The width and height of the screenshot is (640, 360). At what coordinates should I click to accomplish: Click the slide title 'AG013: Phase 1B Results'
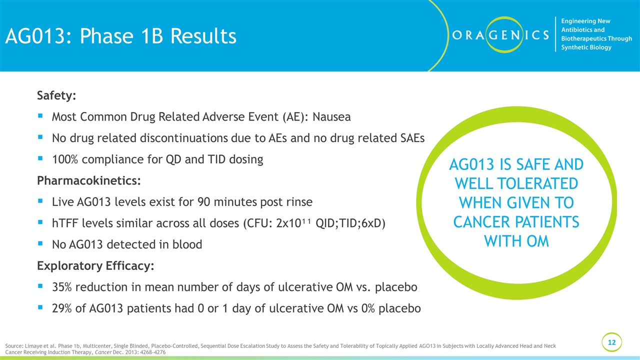coord(121,36)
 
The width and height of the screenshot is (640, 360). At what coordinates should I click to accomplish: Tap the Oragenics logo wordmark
coord(500,35)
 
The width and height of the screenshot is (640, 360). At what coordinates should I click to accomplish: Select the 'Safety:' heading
coord(56,95)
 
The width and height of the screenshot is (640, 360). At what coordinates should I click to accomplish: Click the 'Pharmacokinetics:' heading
coord(89,180)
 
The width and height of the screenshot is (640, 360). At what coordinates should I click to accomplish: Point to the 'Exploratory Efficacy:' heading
coord(95,265)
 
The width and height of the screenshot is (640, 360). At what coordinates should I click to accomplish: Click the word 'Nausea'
coord(331,116)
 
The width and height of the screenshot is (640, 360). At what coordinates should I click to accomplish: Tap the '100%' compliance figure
coord(65,159)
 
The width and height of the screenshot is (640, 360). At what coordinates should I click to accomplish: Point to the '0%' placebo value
coord(368,308)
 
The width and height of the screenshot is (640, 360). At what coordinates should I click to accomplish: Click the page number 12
coord(611,342)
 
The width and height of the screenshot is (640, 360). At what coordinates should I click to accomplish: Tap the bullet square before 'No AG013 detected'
coord(40,243)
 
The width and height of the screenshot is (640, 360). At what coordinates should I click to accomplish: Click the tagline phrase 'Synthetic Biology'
coord(586,47)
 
